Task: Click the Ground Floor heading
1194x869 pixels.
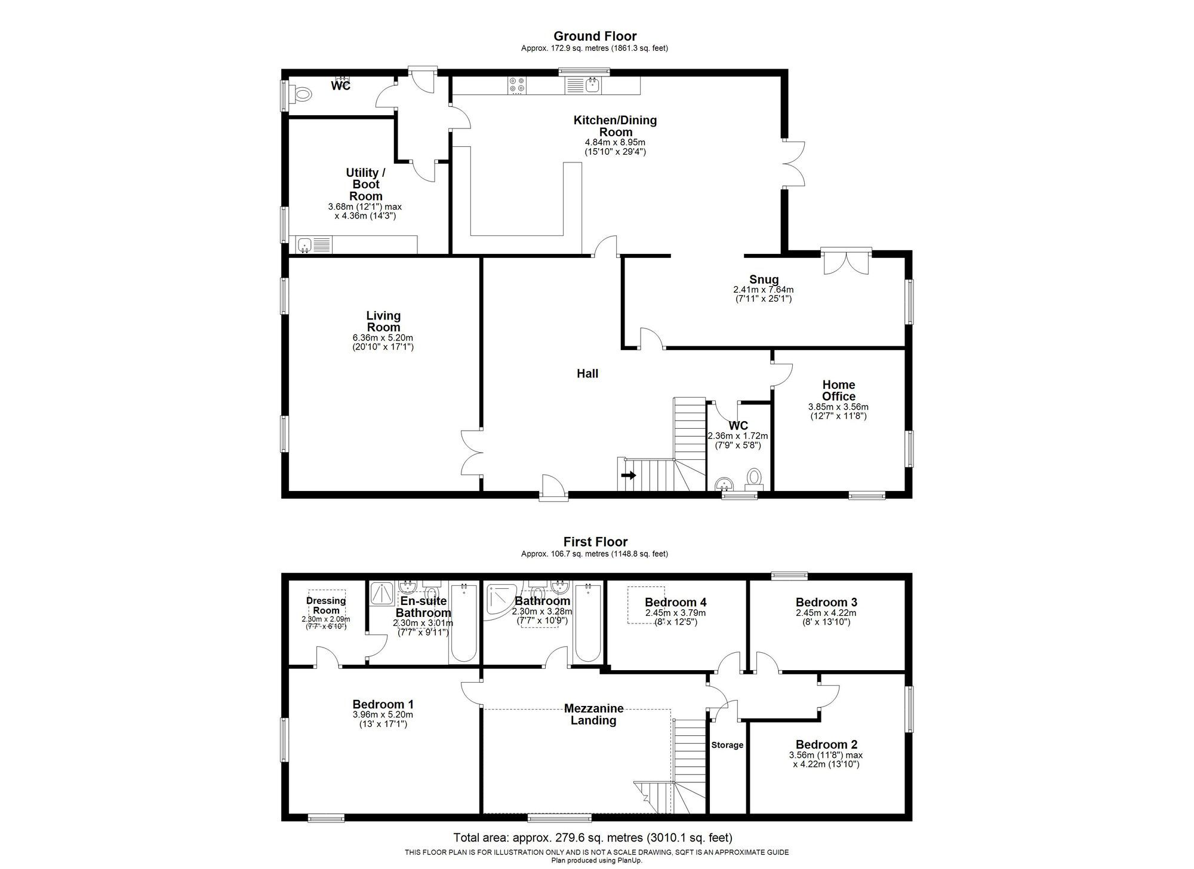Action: (595, 36)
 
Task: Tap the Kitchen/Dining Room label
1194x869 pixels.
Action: (615, 126)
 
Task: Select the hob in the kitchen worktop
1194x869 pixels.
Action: (517, 85)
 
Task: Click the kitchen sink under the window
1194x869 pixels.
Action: (592, 85)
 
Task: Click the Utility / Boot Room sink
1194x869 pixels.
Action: (306, 244)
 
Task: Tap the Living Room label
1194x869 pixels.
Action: (383, 321)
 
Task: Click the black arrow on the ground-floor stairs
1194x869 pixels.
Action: (629, 475)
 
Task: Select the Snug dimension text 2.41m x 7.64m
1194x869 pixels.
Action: (763, 290)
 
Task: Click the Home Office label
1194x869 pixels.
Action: (838, 391)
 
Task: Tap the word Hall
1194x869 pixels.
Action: (587, 374)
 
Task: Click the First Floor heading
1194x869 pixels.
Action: (595, 542)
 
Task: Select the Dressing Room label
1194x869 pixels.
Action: (326, 606)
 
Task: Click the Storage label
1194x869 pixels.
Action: (727, 745)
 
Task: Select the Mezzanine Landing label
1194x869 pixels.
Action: (593, 714)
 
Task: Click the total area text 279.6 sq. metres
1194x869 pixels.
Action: (592, 837)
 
